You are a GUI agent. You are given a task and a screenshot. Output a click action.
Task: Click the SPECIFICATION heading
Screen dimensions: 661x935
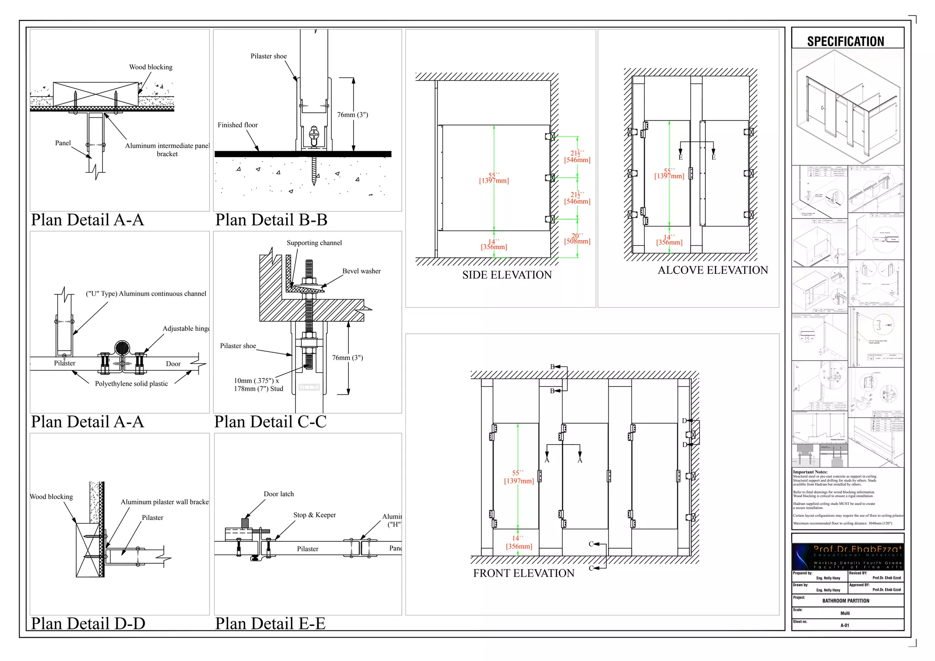[846, 42]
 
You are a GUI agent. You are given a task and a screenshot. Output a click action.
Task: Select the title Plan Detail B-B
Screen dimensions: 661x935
[271, 220]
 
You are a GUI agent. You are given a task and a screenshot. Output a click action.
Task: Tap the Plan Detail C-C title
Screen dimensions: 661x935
[270, 422]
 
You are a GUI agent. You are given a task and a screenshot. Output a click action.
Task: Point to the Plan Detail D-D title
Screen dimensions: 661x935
[88, 624]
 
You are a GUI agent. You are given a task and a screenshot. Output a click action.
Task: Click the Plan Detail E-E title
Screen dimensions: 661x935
[270, 624]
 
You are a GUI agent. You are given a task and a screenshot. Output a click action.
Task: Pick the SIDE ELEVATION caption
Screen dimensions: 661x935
[507, 275]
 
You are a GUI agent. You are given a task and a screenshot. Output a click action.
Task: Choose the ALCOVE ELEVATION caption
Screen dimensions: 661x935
[713, 270]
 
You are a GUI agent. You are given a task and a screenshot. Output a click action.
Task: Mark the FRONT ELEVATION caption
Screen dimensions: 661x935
[524, 573]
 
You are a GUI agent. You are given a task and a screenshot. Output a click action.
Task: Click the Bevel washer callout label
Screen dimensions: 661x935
[362, 271]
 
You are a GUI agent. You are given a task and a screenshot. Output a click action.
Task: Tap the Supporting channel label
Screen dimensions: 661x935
[314, 243]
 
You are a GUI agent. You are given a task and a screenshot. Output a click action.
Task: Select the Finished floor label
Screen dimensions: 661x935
[237, 125]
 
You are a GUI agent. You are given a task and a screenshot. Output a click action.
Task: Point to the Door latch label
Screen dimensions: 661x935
[278, 494]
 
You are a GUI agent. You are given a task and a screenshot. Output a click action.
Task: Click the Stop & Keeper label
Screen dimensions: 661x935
[315, 515]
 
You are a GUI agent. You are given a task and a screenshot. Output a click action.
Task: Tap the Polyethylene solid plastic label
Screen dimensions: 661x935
[131, 384]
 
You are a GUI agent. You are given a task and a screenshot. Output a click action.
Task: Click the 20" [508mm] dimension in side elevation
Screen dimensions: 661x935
[577, 239]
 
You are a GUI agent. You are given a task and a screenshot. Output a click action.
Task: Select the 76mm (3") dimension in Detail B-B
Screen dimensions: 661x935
[352, 115]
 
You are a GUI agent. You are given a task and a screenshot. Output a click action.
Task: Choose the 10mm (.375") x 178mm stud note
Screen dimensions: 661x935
[258, 385]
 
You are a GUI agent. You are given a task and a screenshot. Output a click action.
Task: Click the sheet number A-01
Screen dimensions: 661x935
[845, 625]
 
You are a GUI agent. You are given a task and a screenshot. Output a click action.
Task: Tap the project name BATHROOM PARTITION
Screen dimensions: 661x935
[846, 601]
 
